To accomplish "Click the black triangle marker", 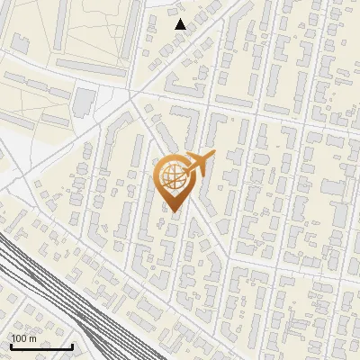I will (181, 24).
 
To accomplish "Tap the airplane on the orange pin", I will (201, 165).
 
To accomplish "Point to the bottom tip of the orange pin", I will (173, 212).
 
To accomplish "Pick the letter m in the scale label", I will (33, 338).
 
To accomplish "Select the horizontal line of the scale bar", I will (41, 346).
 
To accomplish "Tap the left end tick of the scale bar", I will (11, 345).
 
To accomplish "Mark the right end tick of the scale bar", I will (72, 345).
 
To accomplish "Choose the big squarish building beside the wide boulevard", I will (84, 101).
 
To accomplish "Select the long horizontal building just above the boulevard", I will (90, 67).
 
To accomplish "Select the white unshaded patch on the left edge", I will (9, 144).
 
